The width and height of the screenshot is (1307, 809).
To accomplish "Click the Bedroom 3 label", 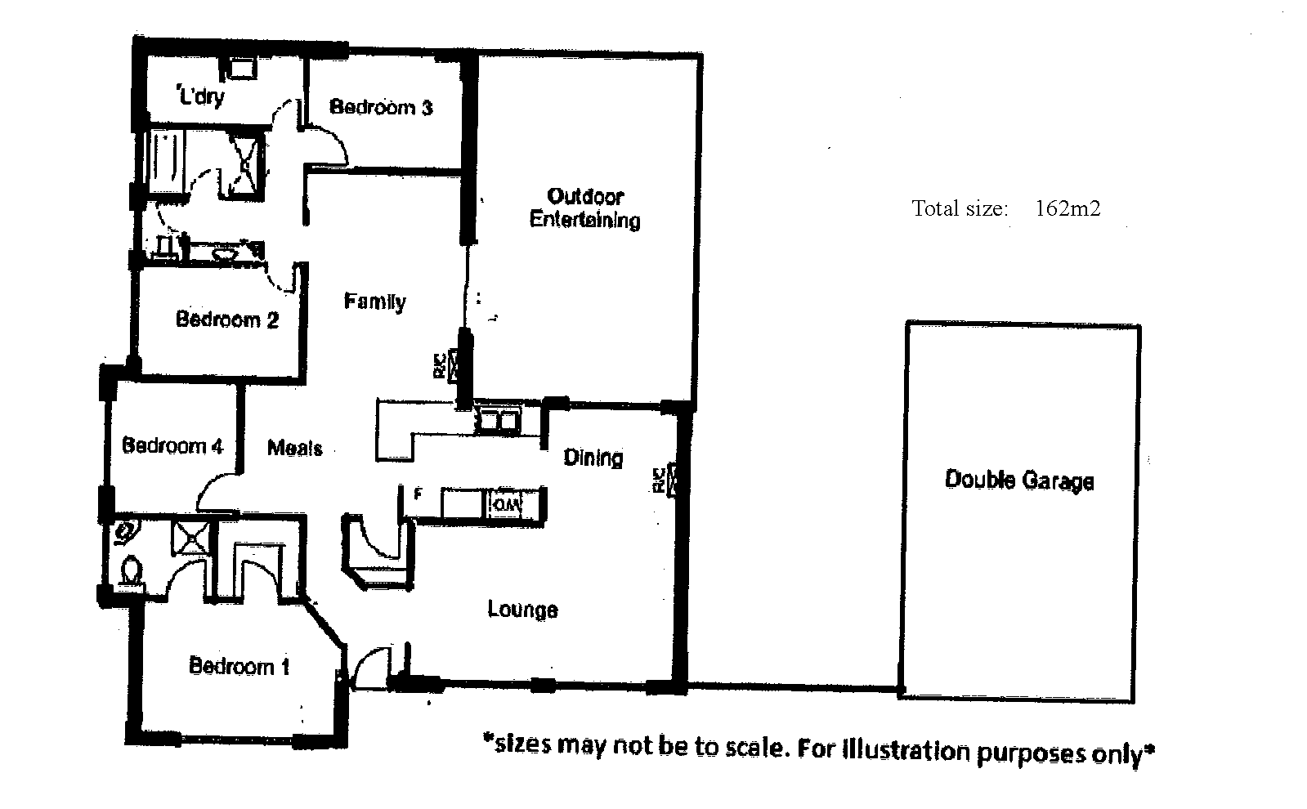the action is [x=381, y=107].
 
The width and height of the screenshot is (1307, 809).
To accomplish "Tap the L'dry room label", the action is [x=200, y=95].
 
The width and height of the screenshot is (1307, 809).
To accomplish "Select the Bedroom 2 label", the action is [x=227, y=320].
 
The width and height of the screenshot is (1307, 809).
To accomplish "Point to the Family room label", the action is [x=374, y=302].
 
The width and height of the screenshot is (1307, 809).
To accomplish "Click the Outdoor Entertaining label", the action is [x=584, y=208].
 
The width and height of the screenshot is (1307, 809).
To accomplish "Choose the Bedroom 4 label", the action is [x=172, y=445].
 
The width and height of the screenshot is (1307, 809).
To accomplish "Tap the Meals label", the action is [x=294, y=448].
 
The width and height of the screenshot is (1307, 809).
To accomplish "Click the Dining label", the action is [x=593, y=458].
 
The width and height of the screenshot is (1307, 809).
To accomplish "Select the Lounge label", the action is [x=522, y=610].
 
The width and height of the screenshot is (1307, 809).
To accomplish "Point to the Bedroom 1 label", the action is [x=239, y=666].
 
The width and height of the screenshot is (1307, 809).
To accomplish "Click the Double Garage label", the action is [x=1019, y=480].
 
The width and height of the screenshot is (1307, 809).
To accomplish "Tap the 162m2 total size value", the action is [x=1068, y=208].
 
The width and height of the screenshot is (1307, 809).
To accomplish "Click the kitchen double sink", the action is [x=498, y=421].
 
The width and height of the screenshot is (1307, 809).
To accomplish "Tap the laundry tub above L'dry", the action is [x=242, y=69].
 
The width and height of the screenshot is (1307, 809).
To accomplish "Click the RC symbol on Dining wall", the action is [x=665, y=480].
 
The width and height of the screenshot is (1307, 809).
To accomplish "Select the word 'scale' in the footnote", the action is [x=757, y=747].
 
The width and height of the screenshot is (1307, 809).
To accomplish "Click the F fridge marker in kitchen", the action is [x=418, y=494].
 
